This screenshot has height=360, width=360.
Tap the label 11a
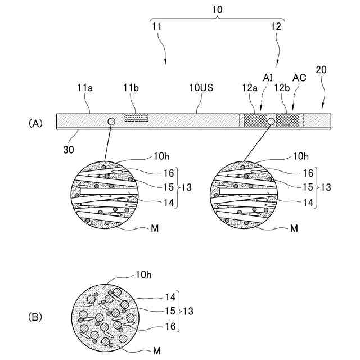point(84,88)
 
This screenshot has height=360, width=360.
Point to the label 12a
point(250,88)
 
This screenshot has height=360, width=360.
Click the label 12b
point(282,88)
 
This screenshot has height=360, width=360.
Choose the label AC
point(299,77)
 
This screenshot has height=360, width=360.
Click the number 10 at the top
point(217,11)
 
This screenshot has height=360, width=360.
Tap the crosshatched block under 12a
point(255,121)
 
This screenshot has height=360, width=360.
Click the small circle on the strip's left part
point(111,121)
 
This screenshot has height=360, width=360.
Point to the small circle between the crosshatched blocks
point(271,121)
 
